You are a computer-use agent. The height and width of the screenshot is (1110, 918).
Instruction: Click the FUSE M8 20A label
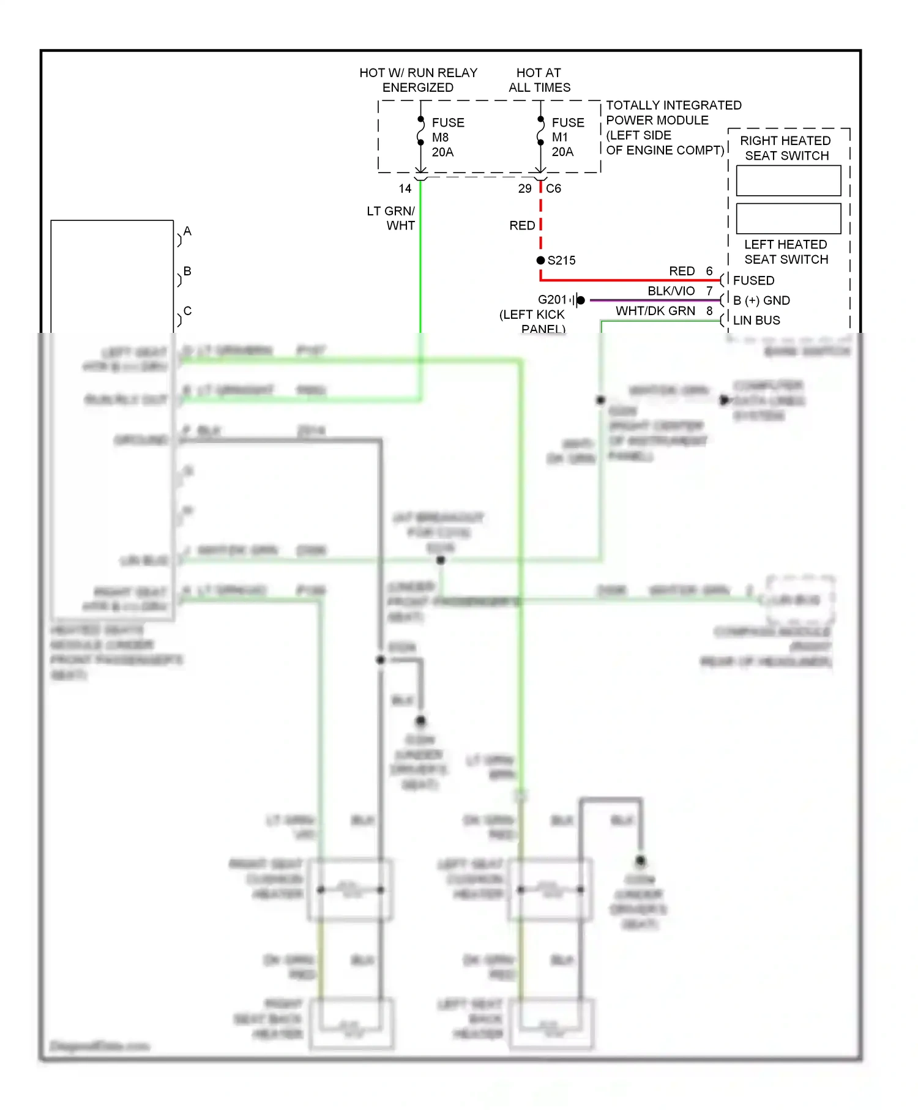click(447, 137)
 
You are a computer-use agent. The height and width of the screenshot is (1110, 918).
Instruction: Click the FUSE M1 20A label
click(567, 137)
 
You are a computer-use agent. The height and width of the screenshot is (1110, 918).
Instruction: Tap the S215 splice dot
click(540, 260)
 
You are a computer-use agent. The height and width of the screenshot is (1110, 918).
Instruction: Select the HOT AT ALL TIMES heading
click(539, 80)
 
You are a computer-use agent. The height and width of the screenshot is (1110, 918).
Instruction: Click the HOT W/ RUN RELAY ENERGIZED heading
click(418, 80)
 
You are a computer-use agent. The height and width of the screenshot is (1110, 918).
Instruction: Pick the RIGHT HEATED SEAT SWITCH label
click(786, 148)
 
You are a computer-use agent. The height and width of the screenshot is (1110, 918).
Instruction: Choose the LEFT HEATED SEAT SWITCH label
click(786, 251)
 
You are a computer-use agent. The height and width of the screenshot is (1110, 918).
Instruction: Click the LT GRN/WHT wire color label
click(392, 218)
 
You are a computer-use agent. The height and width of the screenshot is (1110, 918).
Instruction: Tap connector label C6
click(553, 188)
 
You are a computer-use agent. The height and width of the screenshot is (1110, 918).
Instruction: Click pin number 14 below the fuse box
click(405, 188)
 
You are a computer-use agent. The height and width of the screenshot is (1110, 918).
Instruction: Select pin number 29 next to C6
click(524, 188)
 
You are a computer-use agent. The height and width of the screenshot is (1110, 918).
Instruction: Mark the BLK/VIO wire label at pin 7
click(671, 291)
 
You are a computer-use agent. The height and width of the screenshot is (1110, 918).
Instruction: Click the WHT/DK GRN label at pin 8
click(655, 311)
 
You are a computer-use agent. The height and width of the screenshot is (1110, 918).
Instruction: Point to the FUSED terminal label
click(753, 280)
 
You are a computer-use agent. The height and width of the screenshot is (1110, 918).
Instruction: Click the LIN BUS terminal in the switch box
click(756, 320)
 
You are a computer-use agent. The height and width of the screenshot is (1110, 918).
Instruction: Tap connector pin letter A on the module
click(187, 231)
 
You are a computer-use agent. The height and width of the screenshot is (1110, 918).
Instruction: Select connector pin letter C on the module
click(187, 310)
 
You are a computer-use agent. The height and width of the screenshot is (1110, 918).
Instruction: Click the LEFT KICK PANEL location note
click(532, 321)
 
